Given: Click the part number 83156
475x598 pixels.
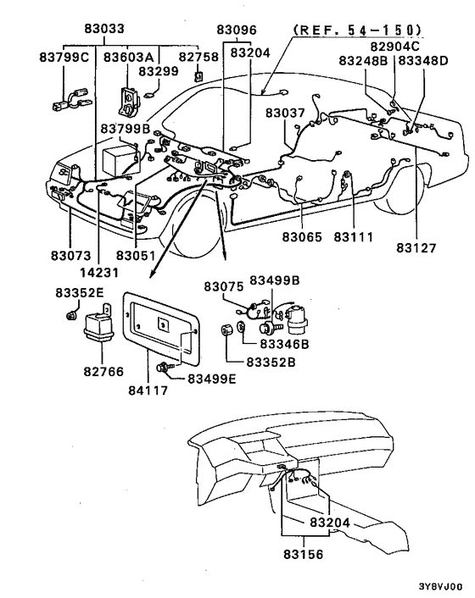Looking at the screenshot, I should [x=301, y=551].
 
